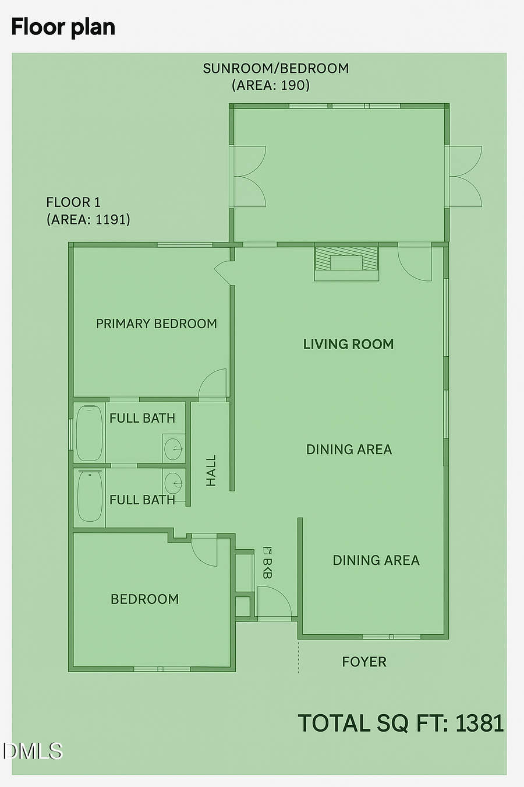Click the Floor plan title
(x=63, y=27)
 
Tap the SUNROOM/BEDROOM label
(x=275, y=68)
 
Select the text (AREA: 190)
(x=271, y=85)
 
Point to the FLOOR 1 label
(x=73, y=202)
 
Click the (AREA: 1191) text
(x=88, y=219)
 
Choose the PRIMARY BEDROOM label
(x=156, y=324)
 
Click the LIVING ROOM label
(x=348, y=344)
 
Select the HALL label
(x=211, y=470)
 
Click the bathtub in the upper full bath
(x=89, y=434)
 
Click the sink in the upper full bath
(x=174, y=449)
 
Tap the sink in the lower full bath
(x=174, y=483)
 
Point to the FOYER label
(x=364, y=662)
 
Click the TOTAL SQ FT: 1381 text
(x=401, y=723)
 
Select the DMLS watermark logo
(x=32, y=751)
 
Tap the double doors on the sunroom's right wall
(x=464, y=176)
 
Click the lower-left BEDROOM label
(x=144, y=599)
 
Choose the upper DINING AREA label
(x=349, y=449)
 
